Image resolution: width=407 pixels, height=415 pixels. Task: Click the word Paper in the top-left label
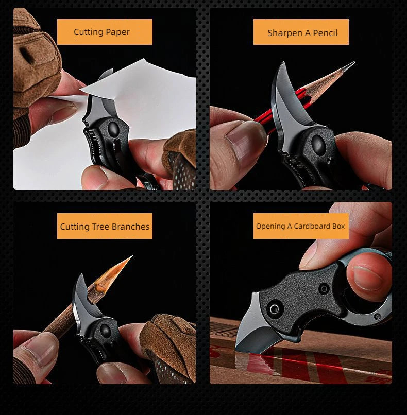(117, 32)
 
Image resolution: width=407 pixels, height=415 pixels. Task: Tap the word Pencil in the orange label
(325, 33)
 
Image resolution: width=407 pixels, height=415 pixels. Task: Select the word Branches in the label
(131, 227)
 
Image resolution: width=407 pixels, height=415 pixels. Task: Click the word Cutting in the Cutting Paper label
(88, 32)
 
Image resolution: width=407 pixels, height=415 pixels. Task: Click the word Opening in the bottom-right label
(270, 226)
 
